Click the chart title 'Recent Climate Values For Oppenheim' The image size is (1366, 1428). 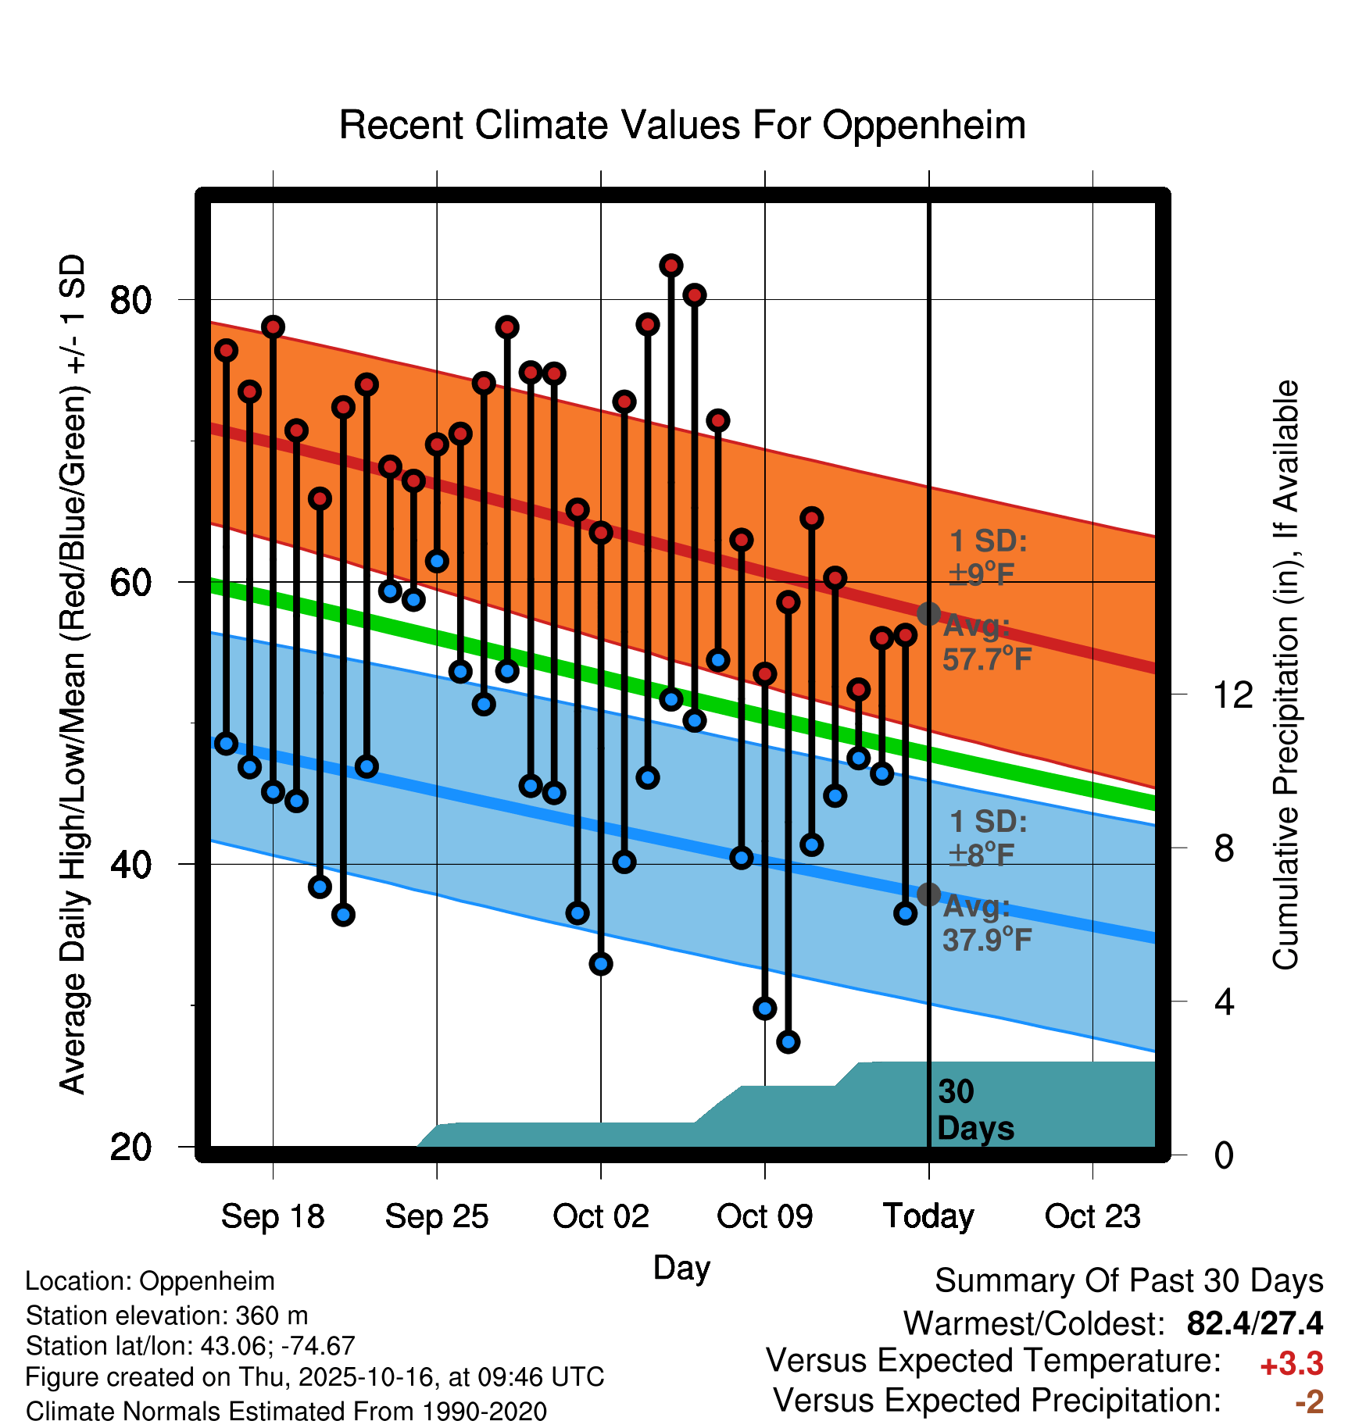coord(682,125)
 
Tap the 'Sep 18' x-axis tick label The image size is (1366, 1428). coord(273,1216)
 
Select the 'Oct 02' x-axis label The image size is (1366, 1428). coord(600,1216)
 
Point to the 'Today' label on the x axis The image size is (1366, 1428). coord(928,1216)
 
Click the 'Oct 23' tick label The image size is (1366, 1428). coord(1092,1216)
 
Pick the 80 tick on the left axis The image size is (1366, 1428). coord(131,300)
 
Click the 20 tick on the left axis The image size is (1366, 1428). coord(131,1148)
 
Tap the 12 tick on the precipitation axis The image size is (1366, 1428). coord(1233,694)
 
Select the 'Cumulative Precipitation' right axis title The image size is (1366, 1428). coord(1286,676)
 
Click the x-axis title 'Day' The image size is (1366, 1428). coord(681,1267)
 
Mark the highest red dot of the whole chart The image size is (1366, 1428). coord(671,266)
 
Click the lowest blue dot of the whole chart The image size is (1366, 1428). coord(788,1041)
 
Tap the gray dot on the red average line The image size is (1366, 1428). coord(928,614)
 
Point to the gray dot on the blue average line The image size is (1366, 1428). coord(928,894)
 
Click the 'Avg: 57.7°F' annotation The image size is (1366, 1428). coord(986,643)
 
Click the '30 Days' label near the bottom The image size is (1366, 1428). coord(974,1110)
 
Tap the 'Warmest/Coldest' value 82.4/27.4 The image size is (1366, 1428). coord(1254,1323)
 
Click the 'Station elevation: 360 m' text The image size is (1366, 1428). coord(166,1316)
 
